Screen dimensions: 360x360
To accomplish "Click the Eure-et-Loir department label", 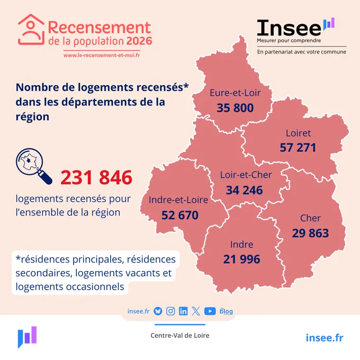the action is [x=235, y=93].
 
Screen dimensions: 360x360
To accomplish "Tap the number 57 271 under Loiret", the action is [x=298, y=147].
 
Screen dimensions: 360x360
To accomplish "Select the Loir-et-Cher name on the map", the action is [x=246, y=175].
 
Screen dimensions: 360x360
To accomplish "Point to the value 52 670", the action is [x=180, y=215].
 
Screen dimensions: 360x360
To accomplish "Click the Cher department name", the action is [x=310, y=218].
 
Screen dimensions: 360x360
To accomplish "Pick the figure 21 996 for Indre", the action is [x=241, y=259].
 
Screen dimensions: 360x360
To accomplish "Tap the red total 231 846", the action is [x=96, y=177].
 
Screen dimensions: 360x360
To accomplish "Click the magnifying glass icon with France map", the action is [x=34, y=166].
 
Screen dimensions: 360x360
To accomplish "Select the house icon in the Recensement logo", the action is [x=31, y=30].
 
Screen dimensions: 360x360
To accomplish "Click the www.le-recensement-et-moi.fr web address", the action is [x=102, y=56].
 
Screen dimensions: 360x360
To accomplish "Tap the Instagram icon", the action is [x=170, y=311].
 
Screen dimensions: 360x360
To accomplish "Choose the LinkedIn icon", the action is [x=183, y=311].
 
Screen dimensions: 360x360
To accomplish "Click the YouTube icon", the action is [x=210, y=311].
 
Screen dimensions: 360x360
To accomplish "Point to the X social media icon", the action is [x=196, y=311].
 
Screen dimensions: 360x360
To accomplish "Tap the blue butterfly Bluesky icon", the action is [x=158, y=311].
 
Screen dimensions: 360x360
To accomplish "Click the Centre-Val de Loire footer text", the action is [x=180, y=336].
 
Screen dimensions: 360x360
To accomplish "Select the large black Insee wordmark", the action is [x=289, y=28].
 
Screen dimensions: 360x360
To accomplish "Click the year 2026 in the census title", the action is [x=139, y=41].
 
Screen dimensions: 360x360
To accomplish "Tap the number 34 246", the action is [x=244, y=190].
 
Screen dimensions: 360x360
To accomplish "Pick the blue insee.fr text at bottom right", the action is [x=325, y=338].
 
